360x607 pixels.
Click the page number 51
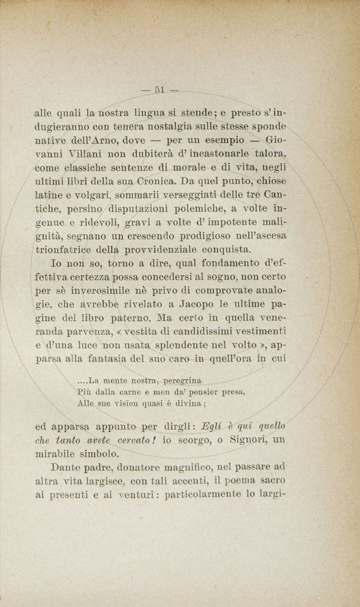(161, 90)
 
